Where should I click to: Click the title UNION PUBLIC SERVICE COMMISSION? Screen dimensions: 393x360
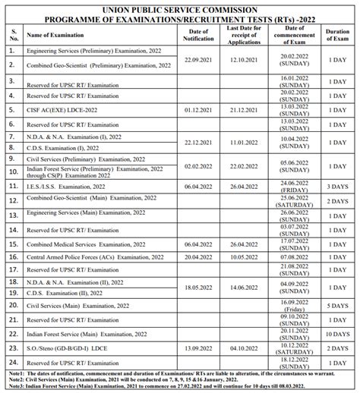(x=180, y=6)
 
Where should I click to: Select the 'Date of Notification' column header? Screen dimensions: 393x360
(x=201, y=34)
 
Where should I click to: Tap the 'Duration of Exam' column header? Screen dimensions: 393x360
(x=337, y=34)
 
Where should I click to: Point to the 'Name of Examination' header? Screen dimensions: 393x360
(x=55, y=35)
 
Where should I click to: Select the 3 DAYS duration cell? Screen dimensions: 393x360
(x=337, y=185)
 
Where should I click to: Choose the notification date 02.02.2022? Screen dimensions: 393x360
(x=201, y=165)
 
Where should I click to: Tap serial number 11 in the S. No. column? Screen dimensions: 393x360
(x=12, y=185)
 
